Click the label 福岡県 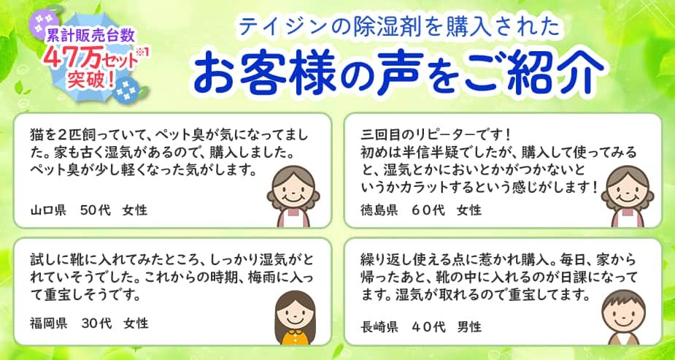48,323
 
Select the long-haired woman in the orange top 294,318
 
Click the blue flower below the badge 126,88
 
